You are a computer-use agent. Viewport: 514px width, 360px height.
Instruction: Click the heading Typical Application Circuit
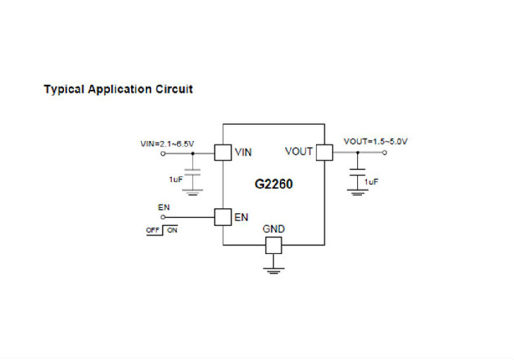coord(118,90)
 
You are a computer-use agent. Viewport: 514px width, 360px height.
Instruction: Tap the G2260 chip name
coord(274,184)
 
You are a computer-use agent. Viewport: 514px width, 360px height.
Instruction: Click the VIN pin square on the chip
coord(223,153)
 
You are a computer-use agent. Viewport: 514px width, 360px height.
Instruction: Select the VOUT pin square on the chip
coord(324,153)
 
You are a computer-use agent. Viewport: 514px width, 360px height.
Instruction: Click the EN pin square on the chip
coord(223,217)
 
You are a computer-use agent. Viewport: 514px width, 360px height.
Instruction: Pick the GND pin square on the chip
coord(274,245)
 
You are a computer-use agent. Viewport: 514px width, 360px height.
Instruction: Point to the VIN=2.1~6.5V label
coord(167,144)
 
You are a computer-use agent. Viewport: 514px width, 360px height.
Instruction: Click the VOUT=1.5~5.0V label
coord(376,142)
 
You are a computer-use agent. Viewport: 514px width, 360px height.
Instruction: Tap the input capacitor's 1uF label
coord(176,179)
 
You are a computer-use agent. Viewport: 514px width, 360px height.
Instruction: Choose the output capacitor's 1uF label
coord(371,182)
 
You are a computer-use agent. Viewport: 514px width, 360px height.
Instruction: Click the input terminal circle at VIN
coord(163,154)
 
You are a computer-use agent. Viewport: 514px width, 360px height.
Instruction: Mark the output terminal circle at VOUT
coord(384,153)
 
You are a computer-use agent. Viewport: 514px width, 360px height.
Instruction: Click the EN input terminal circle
coord(163,217)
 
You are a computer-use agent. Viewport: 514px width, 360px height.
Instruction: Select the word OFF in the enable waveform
coord(152,230)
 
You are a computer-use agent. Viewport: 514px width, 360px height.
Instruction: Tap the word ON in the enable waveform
coord(172,230)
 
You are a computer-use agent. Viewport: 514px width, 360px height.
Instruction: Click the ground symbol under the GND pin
coord(274,271)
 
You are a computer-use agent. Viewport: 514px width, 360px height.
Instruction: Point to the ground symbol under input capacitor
coord(192,192)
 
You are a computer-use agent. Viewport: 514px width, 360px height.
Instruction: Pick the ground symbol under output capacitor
coord(358,193)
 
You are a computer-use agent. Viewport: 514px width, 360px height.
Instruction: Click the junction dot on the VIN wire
coord(192,154)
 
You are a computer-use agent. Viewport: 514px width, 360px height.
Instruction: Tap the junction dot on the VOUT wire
coord(358,153)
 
